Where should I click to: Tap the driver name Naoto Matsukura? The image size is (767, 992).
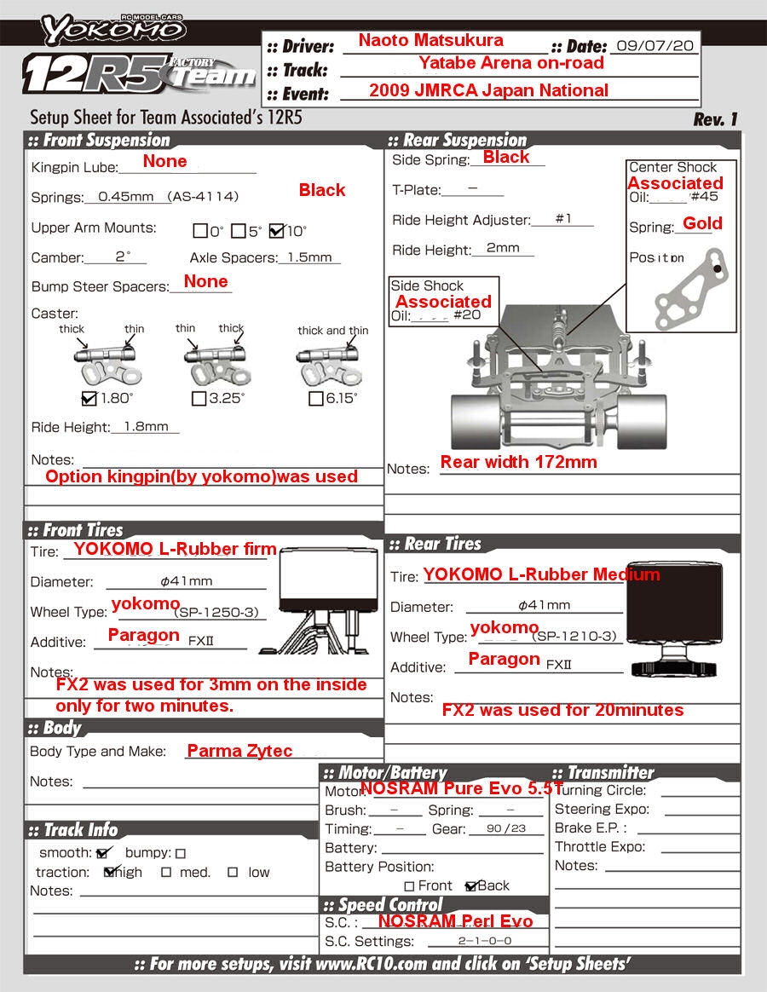pyautogui.click(x=430, y=40)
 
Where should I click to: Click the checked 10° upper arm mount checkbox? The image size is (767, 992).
pyautogui.click(x=276, y=230)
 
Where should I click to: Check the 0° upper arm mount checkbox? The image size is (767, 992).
pyautogui.click(x=200, y=231)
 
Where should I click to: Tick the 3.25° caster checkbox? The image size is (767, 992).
pyautogui.click(x=199, y=398)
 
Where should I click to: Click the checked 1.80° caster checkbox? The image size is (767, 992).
pyautogui.click(x=89, y=398)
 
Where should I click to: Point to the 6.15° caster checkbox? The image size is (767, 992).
pyautogui.click(x=315, y=398)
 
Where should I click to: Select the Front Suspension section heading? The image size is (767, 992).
pyautogui.click(x=107, y=141)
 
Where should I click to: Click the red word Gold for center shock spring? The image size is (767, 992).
pyautogui.click(x=702, y=223)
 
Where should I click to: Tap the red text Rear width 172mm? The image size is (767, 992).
pyautogui.click(x=518, y=462)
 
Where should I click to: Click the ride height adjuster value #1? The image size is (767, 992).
pyautogui.click(x=563, y=219)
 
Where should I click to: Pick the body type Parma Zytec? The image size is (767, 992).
pyautogui.click(x=239, y=751)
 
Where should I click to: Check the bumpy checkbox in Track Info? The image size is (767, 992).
pyautogui.click(x=181, y=853)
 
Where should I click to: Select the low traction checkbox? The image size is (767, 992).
pyautogui.click(x=232, y=873)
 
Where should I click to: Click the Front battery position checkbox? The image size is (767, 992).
pyautogui.click(x=410, y=886)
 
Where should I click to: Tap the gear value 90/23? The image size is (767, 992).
pyautogui.click(x=506, y=828)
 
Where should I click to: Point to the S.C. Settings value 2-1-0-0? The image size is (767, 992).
pyautogui.click(x=485, y=941)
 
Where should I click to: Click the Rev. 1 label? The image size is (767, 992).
pyautogui.click(x=715, y=119)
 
